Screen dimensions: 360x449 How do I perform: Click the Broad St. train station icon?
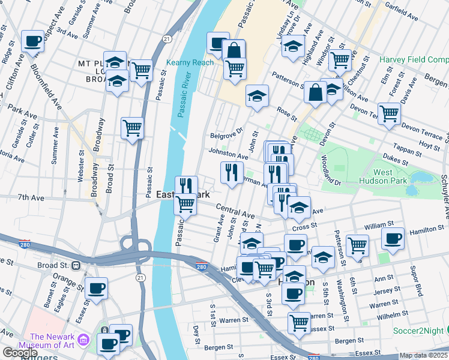point(76,265)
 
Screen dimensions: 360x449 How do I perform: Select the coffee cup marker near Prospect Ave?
point(33,41)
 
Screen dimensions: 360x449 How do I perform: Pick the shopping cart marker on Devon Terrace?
point(390,113)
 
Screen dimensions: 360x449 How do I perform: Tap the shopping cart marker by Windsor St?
point(340,59)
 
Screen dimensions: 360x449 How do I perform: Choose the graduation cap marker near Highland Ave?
point(293,46)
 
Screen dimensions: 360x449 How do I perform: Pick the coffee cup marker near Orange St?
point(96,288)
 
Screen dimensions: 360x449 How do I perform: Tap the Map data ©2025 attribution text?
point(423,355)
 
